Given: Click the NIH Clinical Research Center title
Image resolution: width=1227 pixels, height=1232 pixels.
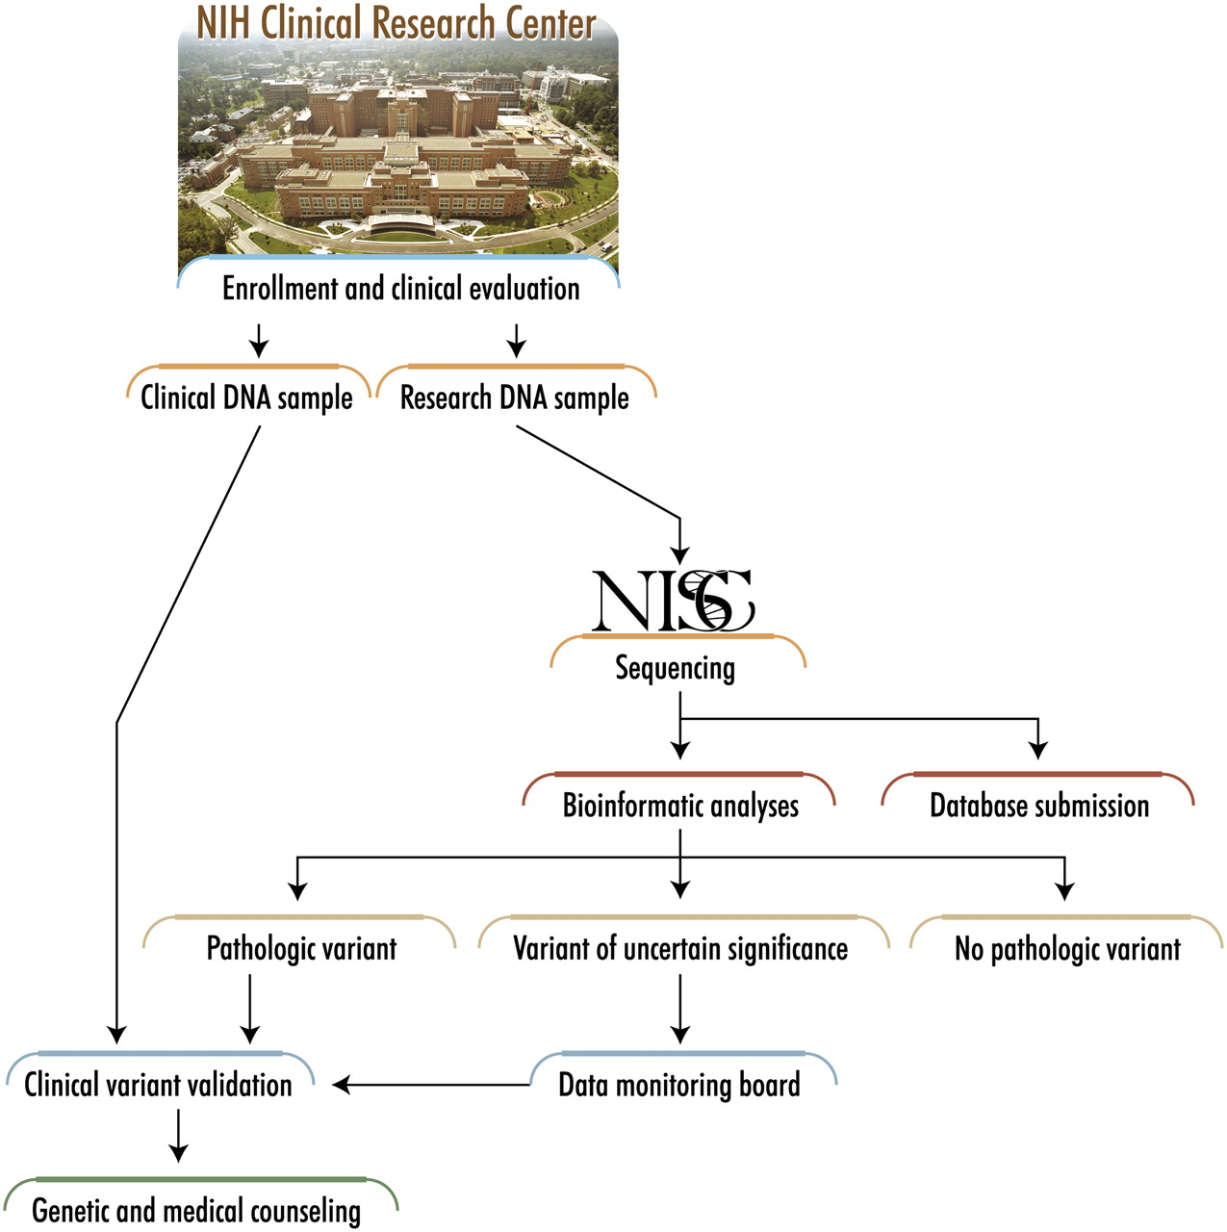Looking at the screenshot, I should point(396,23).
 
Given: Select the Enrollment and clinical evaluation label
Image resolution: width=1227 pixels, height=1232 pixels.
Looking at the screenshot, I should point(400,288).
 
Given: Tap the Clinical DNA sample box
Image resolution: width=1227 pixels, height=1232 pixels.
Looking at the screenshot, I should point(247,397).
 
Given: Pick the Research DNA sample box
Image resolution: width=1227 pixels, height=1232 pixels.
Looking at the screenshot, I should point(515,397).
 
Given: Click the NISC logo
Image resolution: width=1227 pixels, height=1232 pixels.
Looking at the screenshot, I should point(673,602).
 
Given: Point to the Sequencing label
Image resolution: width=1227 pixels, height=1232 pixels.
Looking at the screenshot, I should point(676,667).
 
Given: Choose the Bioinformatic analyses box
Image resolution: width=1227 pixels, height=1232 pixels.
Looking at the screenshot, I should point(680,805).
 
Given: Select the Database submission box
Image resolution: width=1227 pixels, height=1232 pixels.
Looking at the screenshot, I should point(1039,805).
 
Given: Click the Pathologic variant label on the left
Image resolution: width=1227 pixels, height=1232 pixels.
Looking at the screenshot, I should point(301,948).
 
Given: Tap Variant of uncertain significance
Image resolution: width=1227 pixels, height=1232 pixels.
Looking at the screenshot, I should point(680,948).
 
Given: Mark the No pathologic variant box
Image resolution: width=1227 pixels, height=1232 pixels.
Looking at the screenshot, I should point(1067,948).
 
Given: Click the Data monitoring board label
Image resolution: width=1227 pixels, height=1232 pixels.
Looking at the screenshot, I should point(679,1085).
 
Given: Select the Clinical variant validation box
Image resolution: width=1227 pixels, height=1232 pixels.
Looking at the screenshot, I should point(158,1085).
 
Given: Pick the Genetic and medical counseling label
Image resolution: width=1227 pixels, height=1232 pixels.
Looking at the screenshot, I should point(196,1210).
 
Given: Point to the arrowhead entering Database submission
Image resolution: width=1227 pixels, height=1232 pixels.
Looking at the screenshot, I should point(1038,749).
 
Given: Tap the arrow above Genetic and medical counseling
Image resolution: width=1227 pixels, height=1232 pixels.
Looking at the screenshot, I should point(178,1137).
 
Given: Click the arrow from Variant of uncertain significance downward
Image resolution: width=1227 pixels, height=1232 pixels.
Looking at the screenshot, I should point(680,1009).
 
